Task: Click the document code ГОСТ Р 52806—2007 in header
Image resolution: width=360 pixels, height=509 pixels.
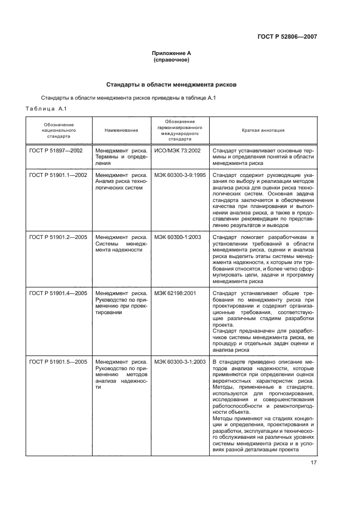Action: pyautogui.click(x=287, y=36)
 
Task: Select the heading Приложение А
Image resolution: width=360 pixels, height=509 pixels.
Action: pyautogui.click(x=172, y=53)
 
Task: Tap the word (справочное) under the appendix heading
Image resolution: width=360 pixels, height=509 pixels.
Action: pyautogui.click(x=172, y=60)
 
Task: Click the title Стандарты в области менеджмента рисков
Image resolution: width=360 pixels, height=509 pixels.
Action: pyautogui.click(x=171, y=84)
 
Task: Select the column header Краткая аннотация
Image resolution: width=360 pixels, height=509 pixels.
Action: pyautogui.click(x=263, y=131)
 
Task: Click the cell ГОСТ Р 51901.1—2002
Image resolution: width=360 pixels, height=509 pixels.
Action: pyautogui.click(x=59, y=175)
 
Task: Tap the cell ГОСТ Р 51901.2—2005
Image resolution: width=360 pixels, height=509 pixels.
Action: pyautogui.click(x=59, y=237)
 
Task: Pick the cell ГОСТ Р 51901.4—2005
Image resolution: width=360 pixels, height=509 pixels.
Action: pyautogui.click(x=59, y=293)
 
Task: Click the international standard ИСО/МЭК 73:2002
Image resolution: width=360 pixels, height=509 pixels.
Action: pyautogui.click(x=178, y=150)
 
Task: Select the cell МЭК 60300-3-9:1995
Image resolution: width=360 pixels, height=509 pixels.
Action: pyautogui.click(x=180, y=175)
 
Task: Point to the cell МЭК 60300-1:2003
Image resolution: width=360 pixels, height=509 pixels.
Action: pyautogui.click(x=178, y=237)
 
